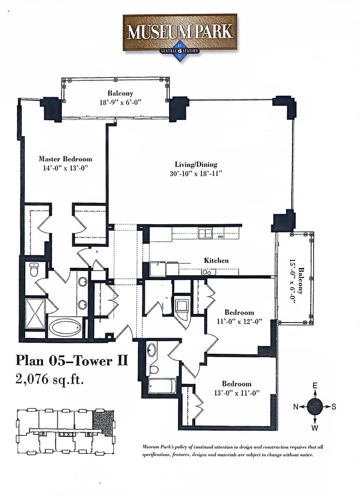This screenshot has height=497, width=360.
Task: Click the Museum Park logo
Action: point(180,33)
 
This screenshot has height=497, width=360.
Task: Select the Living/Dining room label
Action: point(196,164)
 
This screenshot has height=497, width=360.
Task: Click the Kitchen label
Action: point(216,260)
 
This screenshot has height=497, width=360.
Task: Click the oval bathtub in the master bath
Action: point(65,327)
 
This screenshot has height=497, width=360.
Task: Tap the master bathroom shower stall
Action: point(34,313)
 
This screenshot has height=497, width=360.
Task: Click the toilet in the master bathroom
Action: point(34,270)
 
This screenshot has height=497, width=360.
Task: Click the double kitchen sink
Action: point(205,233)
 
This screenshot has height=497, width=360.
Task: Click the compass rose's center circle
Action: point(315,406)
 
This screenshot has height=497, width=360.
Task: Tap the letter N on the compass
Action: point(297,407)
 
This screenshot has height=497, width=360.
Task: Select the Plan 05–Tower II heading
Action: point(71,360)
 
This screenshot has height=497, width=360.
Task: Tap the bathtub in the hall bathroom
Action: point(161,385)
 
